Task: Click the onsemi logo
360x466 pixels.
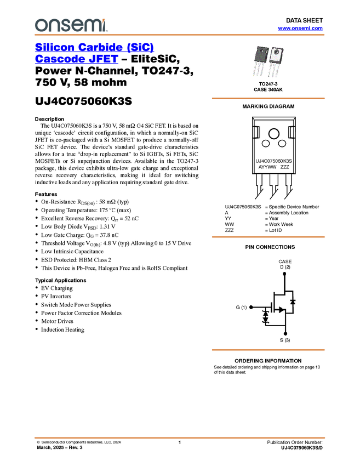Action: coord(71,25)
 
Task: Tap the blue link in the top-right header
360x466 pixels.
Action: coord(300,28)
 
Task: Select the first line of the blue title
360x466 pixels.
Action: coord(95,48)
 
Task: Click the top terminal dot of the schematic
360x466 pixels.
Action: coord(284,271)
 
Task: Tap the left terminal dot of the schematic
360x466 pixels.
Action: coord(251,307)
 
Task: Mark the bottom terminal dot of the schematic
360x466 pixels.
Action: coord(285,332)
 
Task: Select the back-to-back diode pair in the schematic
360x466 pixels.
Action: coord(266,316)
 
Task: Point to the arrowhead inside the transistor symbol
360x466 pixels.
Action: coord(281,310)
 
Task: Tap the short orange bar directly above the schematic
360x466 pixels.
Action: coord(268,237)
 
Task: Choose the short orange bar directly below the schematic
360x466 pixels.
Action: coord(268,350)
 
